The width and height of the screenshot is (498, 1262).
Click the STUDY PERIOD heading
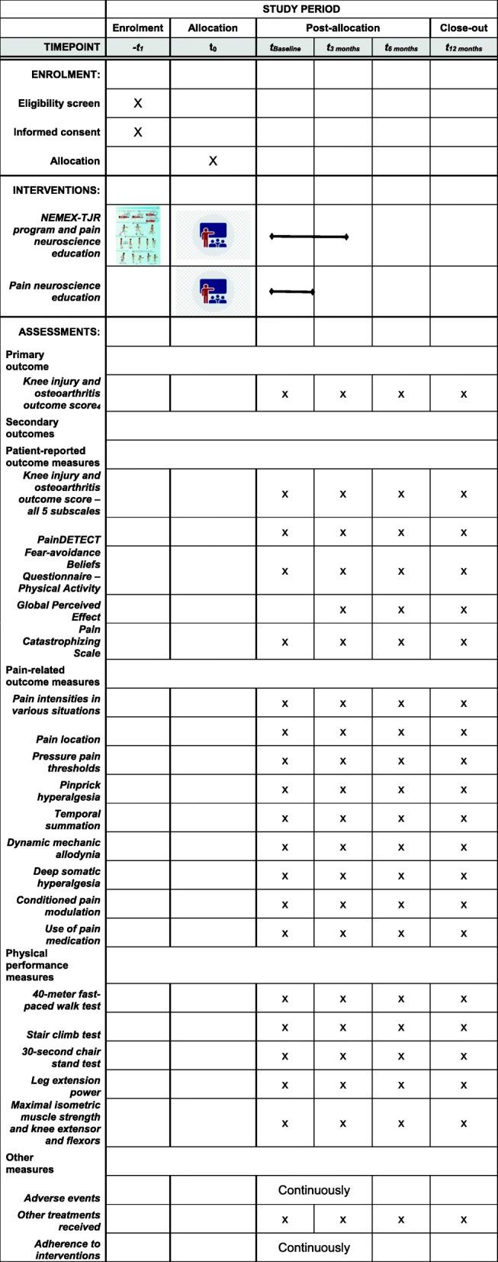[302, 9]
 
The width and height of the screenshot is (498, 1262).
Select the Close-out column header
[464, 28]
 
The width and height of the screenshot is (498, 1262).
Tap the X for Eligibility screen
[138, 103]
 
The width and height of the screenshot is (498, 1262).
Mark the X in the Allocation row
[213, 161]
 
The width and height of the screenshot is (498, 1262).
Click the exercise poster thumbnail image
[138, 235]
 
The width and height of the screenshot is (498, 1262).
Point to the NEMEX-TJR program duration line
[309, 237]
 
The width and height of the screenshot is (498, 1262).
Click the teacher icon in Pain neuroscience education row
[213, 292]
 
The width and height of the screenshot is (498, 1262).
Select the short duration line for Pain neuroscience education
[292, 291]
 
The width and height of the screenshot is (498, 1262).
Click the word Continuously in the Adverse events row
[314, 1189]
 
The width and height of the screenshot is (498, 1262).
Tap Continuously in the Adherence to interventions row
[314, 1247]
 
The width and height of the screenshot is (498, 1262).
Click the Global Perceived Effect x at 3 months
[343, 609]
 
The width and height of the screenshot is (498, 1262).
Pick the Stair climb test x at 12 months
[464, 1028]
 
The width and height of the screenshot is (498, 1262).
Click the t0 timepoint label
[213, 47]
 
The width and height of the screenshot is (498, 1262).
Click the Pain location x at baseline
[285, 732]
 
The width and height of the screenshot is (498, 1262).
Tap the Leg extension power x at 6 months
[401, 1085]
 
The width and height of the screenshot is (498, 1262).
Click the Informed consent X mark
[138, 132]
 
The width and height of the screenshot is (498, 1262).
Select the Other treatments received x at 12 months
[464, 1220]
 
